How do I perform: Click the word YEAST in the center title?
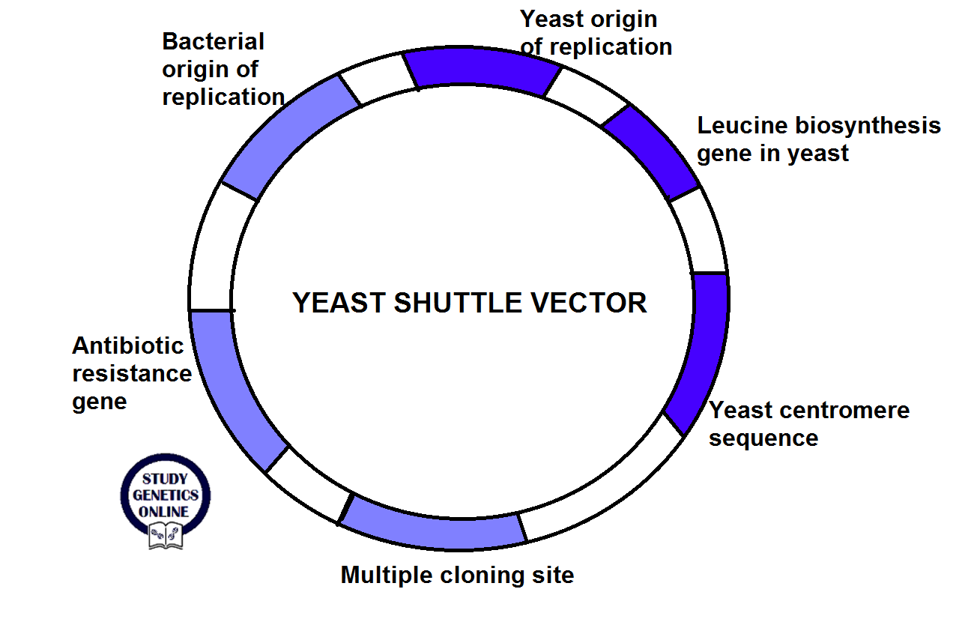339,303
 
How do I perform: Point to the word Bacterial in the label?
214,40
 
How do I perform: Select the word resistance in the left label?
132,373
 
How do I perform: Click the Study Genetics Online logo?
166,499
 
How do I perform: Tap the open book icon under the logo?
166,535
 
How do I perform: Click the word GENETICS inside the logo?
166,495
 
